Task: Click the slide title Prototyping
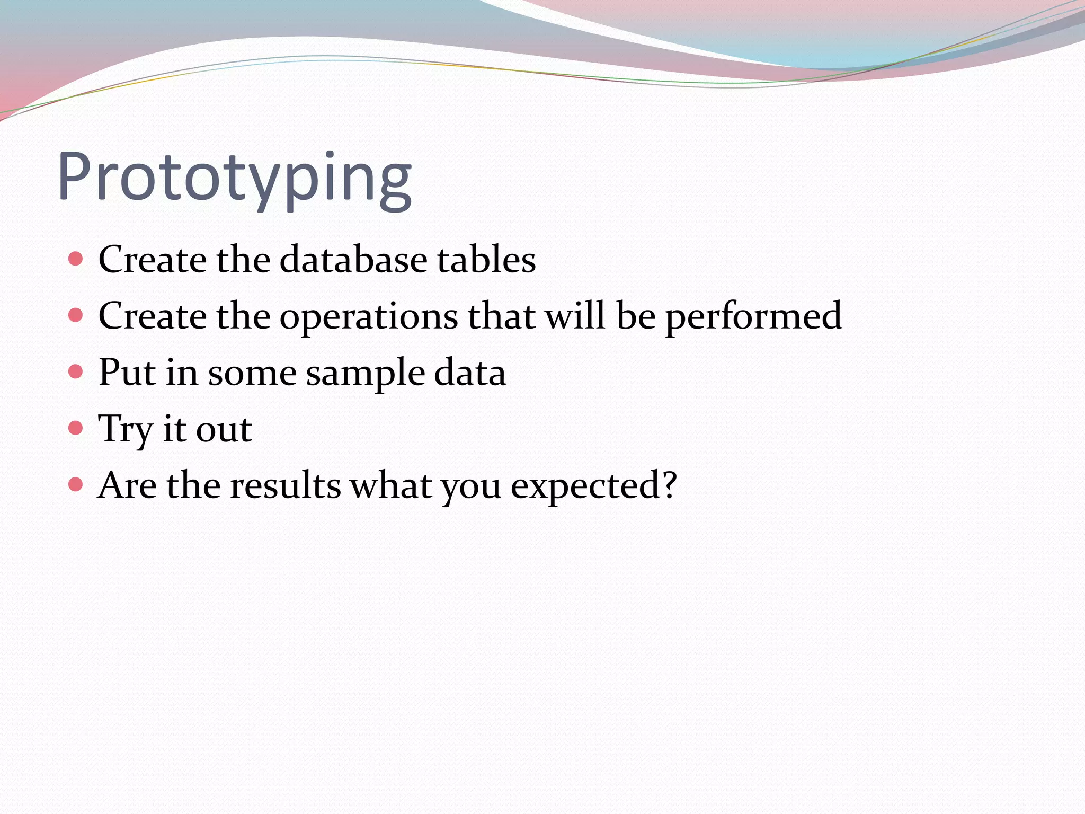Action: pyautogui.click(x=234, y=178)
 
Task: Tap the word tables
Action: pyautogui.click(x=486, y=260)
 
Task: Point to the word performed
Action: pyautogui.click(x=753, y=317)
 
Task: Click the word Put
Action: pyautogui.click(x=127, y=373)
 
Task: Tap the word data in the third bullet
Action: pyautogui.click(x=470, y=373)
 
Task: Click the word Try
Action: pyautogui.click(x=126, y=429)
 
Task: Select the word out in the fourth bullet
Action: pyautogui.click(x=224, y=430)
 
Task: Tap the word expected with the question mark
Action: pyautogui.click(x=593, y=486)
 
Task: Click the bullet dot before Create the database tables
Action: pyautogui.click(x=76, y=259)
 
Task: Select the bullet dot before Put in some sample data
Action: pyautogui.click(x=76, y=371)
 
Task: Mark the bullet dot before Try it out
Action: pyautogui.click(x=76, y=428)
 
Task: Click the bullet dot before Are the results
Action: pyautogui.click(x=76, y=484)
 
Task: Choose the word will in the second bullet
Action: pyautogui.click(x=575, y=316)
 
